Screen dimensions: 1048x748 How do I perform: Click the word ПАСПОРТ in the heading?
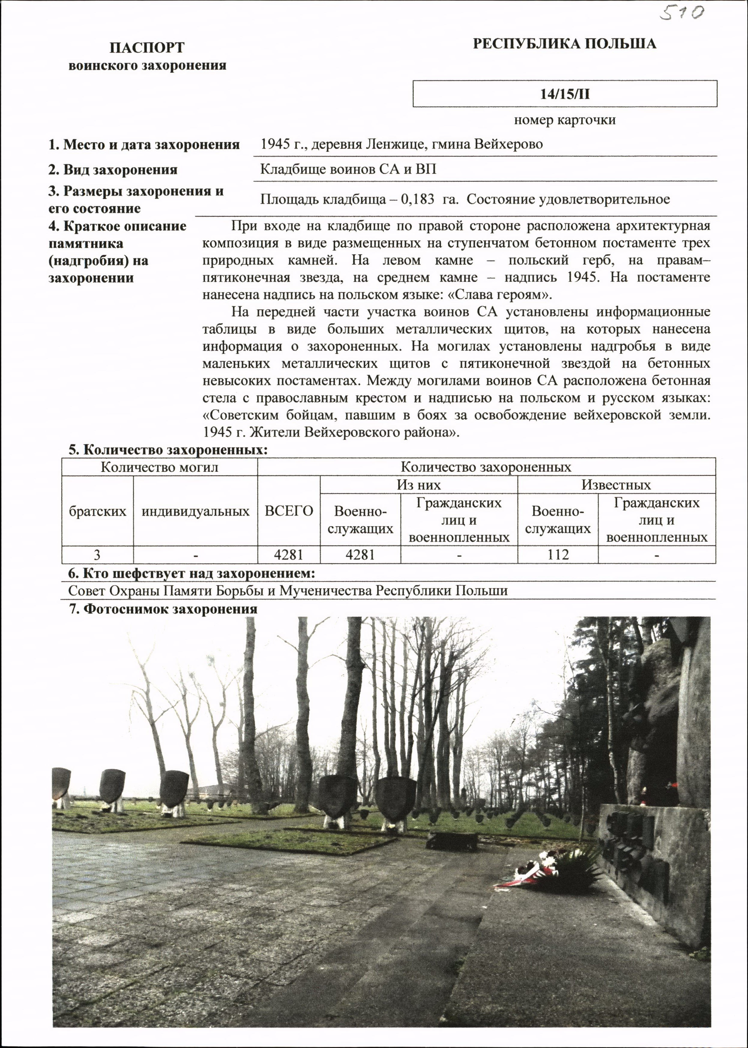coord(147,47)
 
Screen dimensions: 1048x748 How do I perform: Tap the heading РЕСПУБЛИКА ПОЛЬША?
coord(564,44)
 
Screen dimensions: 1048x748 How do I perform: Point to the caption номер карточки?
coord(565,120)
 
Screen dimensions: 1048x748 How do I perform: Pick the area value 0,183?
coord(417,199)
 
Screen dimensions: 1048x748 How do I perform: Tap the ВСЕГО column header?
coord(289,510)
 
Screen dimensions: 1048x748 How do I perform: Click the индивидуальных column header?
coord(195,511)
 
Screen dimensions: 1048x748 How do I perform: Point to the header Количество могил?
coord(159,467)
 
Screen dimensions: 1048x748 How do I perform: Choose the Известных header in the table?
coord(616,485)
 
